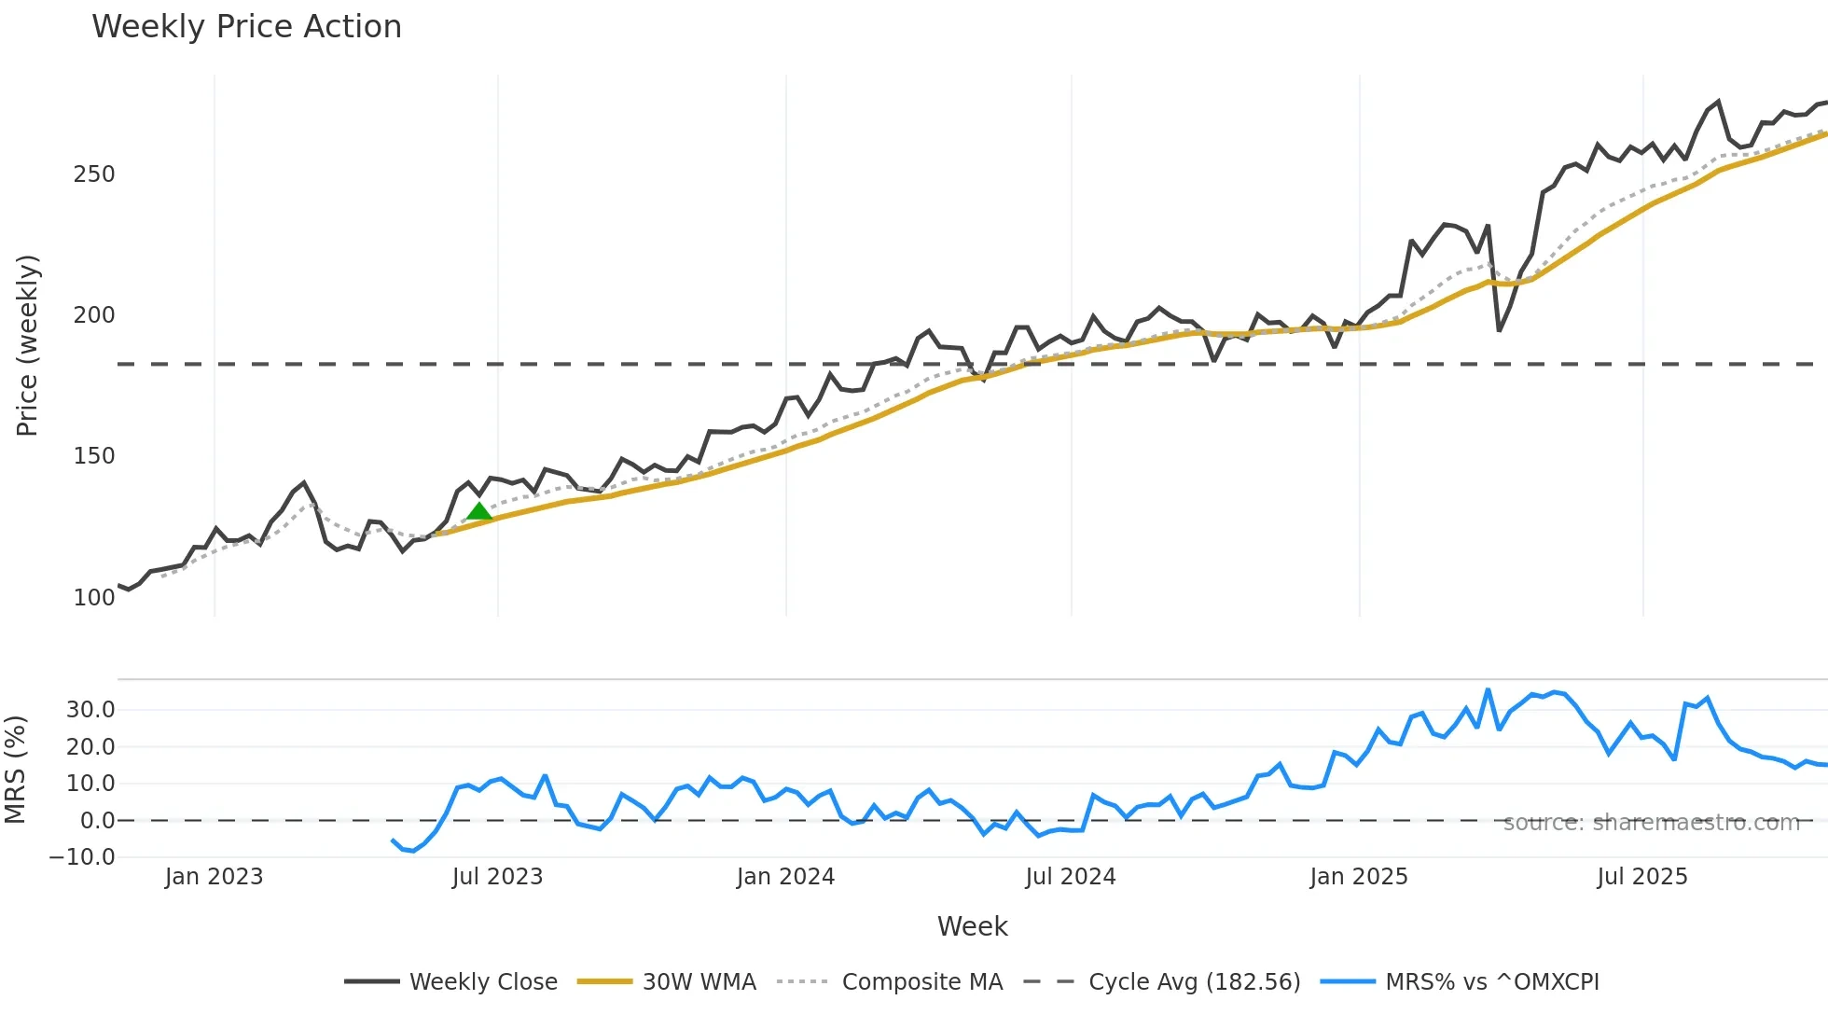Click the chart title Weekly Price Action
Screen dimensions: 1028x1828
coord(246,27)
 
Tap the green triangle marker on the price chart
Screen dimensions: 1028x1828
coord(478,511)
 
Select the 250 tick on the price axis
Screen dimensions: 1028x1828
coord(94,174)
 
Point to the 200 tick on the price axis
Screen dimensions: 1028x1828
coord(94,315)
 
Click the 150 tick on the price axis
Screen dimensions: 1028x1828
coord(94,456)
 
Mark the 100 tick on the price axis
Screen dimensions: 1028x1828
coord(94,598)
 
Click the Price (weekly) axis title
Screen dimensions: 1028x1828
coord(28,345)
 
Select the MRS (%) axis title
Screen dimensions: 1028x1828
coord(15,770)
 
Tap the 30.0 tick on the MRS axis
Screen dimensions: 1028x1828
coord(90,710)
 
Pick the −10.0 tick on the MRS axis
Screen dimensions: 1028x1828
coord(82,857)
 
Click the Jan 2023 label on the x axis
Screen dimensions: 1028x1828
coord(214,877)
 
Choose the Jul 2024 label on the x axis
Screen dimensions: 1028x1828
coord(1070,877)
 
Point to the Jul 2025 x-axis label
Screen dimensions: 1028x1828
coord(1641,877)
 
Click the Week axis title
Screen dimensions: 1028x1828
coord(972,926)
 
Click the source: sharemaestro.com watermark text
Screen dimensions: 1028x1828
coord(1651,823)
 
